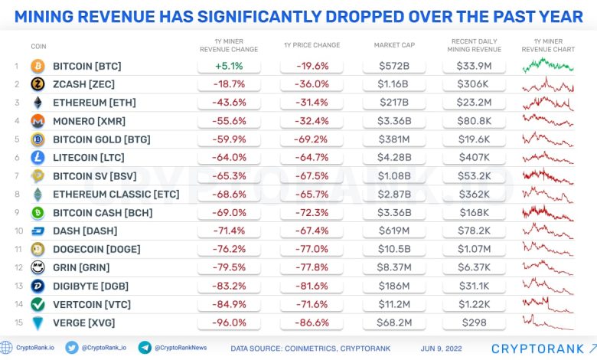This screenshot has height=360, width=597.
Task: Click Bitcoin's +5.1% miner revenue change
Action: point(229,66)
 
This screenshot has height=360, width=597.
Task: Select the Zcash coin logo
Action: point(38,83)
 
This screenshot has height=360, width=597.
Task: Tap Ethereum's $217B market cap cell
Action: point(394,103)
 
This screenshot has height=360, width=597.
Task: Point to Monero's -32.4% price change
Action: point(312,121)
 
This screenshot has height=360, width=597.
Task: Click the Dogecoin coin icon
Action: point(38,249)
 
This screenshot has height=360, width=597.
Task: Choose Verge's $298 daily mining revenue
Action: point(474,322)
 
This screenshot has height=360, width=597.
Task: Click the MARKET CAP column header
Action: point(394,45)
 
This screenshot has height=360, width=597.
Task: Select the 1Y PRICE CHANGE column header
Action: point(312,45)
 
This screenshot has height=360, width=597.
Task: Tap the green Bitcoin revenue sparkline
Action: point(548,65)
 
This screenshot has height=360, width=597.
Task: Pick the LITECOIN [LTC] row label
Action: point(89,158)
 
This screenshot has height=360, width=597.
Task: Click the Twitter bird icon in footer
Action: point(72,348)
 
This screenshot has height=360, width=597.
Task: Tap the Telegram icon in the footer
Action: point(145,348)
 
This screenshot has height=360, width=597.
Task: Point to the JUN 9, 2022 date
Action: point(442,349)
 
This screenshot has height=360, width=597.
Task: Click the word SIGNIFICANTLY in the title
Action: point(259,17)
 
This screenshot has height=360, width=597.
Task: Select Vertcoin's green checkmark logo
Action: point(38,304)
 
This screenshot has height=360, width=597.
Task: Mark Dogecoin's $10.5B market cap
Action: point(394,249)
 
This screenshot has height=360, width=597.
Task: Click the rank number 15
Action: point(18,322)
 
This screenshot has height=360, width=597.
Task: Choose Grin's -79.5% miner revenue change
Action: point(229,267)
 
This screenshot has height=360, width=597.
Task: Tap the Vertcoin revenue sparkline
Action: point(548,304)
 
